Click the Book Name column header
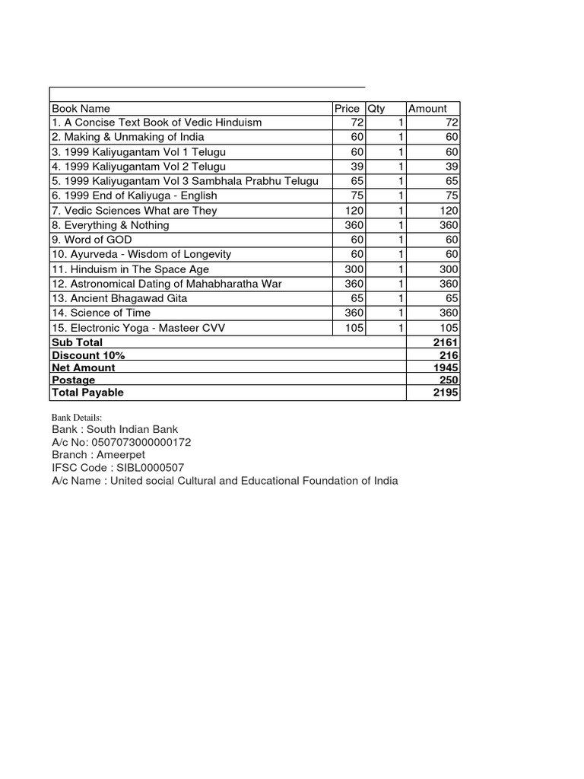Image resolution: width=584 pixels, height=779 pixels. [81, 109]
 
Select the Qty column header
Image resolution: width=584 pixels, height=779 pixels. [377, 109]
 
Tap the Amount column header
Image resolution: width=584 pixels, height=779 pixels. [428, 109]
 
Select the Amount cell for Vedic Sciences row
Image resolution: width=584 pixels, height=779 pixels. [446, 211]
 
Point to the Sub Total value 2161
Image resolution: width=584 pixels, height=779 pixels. [446, 343]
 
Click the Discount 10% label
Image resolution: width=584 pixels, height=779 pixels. [88, 355]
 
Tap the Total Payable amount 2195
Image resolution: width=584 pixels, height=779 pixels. [446, 393]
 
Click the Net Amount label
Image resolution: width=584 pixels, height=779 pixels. [84, 367]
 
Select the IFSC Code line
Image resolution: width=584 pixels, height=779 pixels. [118, 467]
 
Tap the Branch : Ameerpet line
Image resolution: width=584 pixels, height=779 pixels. [97, 455]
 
